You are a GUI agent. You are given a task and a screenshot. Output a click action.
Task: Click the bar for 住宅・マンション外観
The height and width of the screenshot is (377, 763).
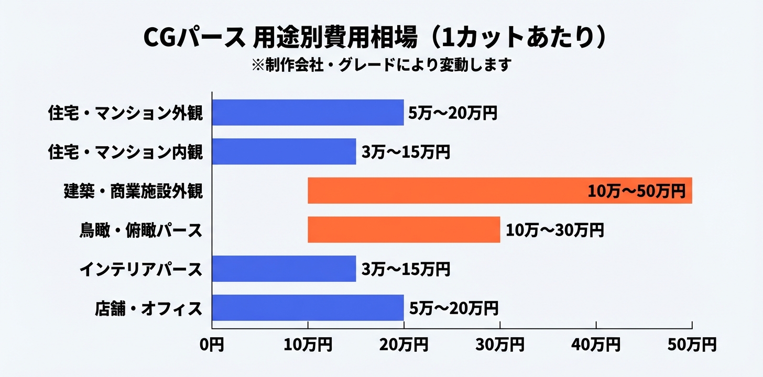point(308,113)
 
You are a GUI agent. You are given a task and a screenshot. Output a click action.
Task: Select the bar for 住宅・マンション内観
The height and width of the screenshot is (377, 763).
point(284,152)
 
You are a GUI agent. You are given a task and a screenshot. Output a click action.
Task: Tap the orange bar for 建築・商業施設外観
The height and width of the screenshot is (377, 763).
point(445,191)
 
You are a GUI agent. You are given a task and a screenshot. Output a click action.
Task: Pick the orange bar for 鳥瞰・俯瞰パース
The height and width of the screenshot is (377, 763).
point(404,230)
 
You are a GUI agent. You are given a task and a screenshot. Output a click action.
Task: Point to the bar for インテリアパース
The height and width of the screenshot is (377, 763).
point(284,269)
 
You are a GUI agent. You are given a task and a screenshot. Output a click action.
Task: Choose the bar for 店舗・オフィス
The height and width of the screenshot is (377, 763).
point(308,308)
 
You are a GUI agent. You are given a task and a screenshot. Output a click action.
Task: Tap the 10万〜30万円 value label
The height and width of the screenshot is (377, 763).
point(555,230)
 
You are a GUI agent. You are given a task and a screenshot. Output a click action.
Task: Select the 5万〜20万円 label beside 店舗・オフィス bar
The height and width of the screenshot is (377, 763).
point(453,308)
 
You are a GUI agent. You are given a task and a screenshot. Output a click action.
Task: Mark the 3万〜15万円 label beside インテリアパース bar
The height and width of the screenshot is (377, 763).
point(406,269)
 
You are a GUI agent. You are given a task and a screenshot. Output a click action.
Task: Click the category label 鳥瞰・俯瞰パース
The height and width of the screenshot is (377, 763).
point(141,230)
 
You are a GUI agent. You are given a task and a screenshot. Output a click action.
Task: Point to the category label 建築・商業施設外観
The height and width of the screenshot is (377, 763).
point(133,191)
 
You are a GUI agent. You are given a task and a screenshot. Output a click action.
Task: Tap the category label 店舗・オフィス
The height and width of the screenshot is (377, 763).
point(149,308)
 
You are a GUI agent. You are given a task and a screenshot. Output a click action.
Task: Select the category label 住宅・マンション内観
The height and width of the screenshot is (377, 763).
point(125,152)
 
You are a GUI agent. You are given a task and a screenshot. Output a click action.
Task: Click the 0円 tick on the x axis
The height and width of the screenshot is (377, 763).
point(212,345)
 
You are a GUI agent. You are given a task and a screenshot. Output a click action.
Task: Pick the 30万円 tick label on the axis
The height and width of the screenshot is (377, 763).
point(500,345)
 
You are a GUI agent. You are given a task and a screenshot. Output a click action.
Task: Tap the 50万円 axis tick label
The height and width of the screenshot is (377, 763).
point(692,345)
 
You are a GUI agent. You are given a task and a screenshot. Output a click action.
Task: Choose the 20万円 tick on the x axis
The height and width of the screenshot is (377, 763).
point(404,345)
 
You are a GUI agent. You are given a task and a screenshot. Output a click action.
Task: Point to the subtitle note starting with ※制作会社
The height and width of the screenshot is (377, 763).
point(381,65)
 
